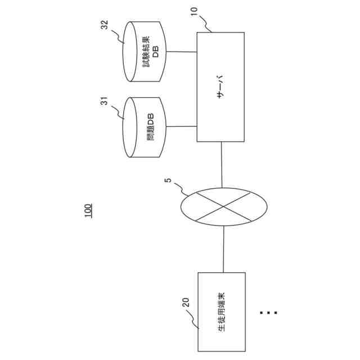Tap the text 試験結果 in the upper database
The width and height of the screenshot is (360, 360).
147,52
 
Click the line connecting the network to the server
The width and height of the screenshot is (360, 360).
223,164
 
